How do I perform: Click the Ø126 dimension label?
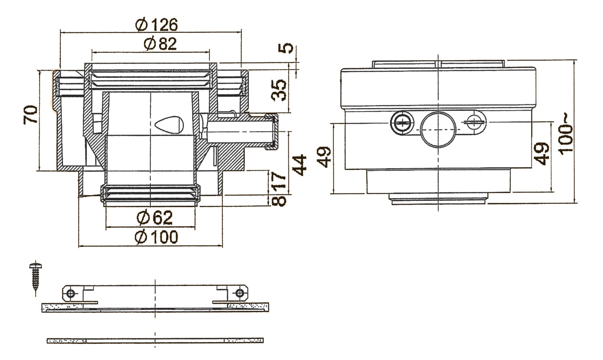[x=156, y=25]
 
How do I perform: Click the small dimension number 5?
[x=286, y=48]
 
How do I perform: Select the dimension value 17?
[x=280, y=181]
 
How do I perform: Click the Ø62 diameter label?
[x=154, y=218]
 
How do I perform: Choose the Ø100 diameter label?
[x=157, y=237]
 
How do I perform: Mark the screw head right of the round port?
[x=475, y=122]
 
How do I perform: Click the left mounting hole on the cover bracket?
[x=71, y=294]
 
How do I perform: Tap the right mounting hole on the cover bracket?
[x=239, y=293]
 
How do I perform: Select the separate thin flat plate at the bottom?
[x=155, y=340]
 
